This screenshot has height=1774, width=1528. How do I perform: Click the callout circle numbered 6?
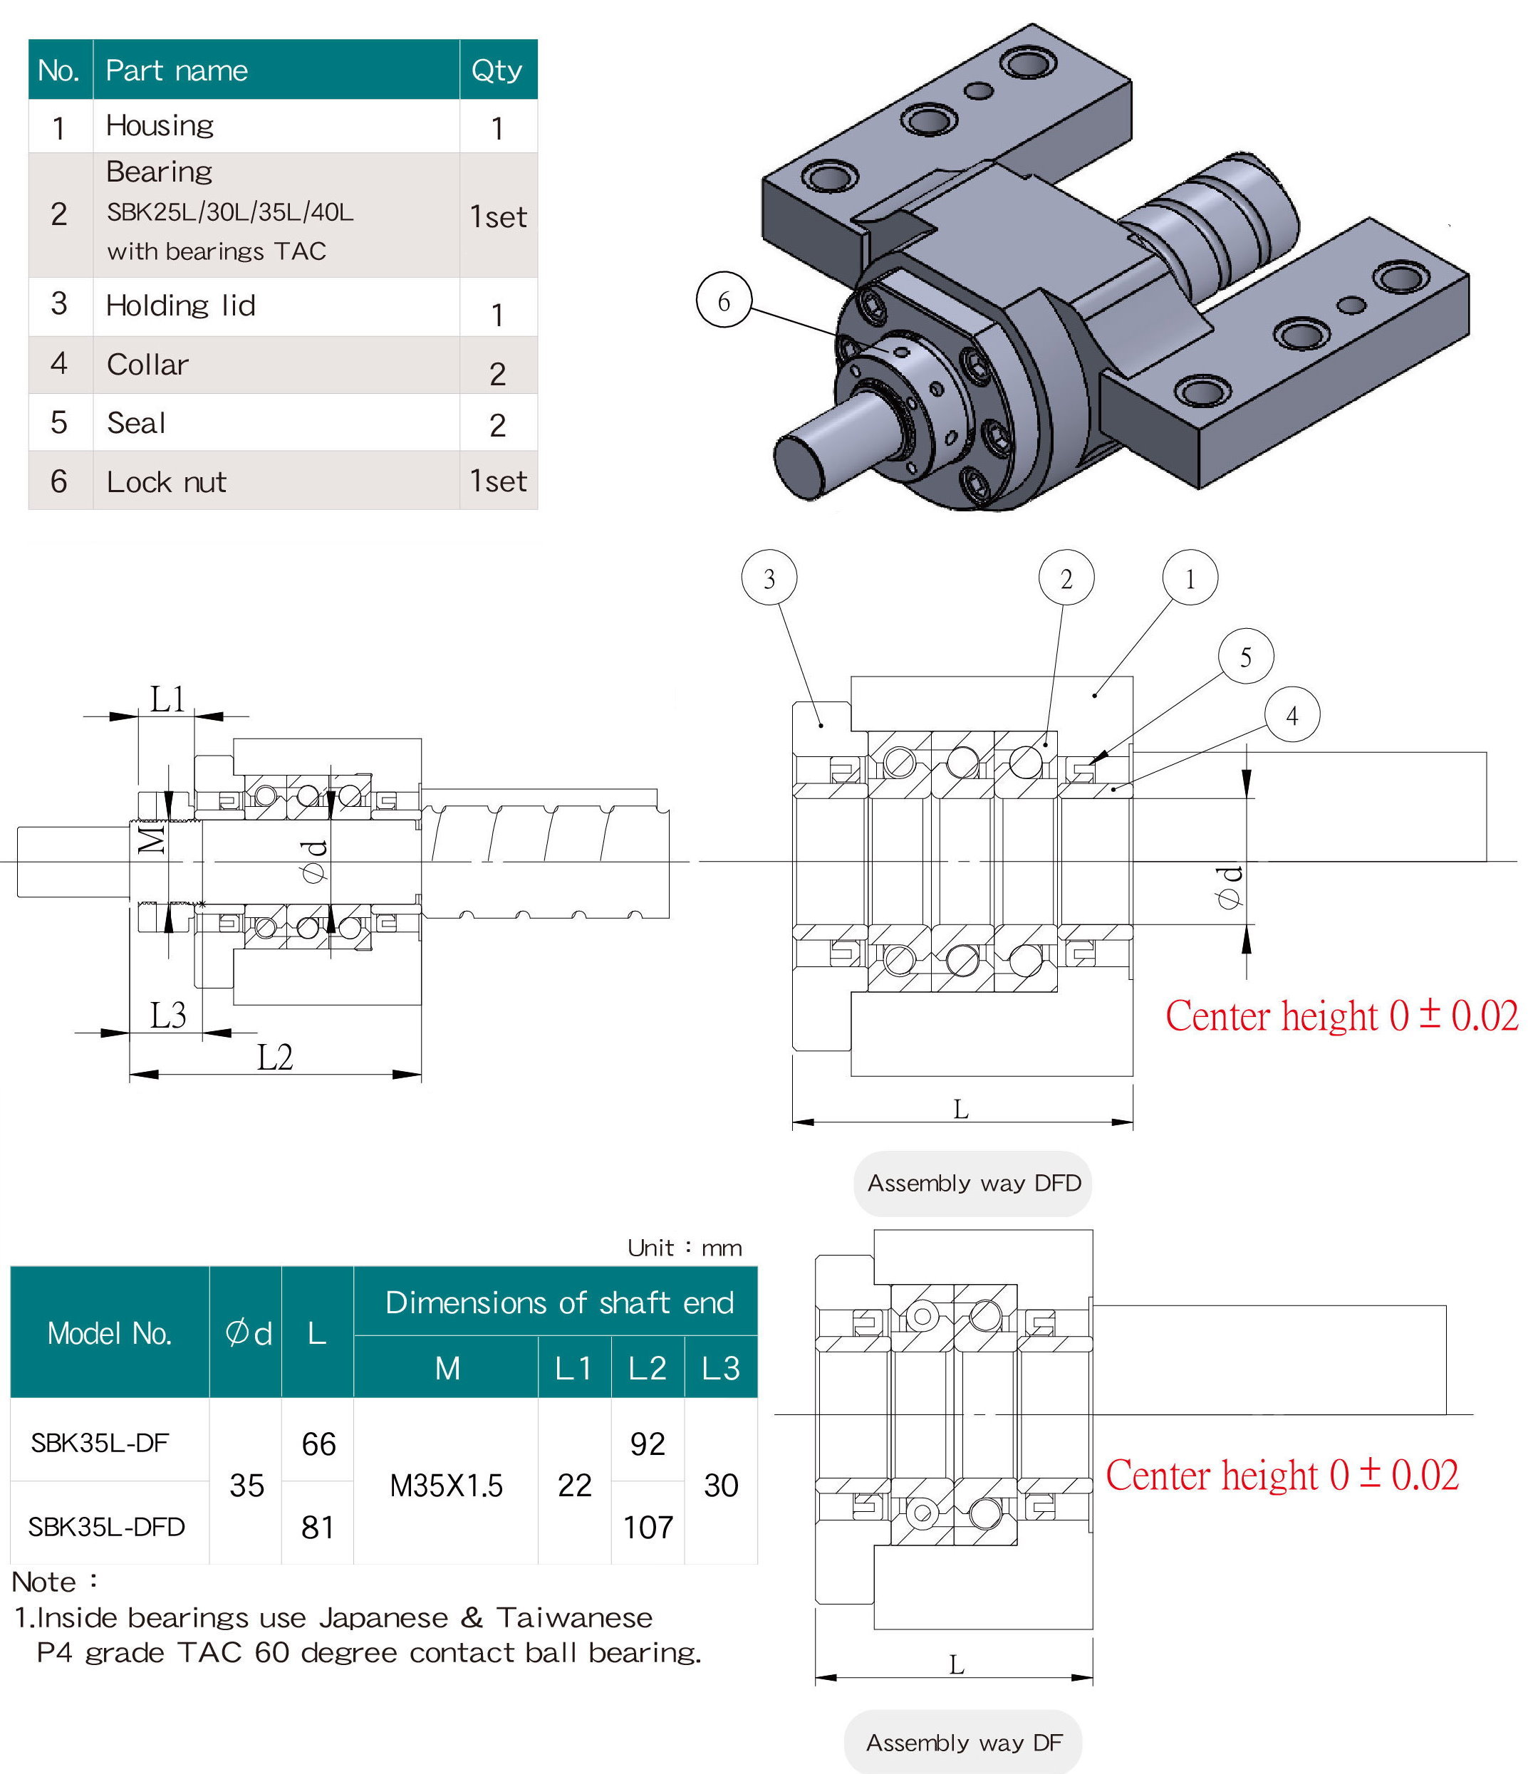pos(723,301)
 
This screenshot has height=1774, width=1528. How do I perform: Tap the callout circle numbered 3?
pos(769,579)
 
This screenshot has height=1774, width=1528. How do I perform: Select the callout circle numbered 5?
pos(1244,657)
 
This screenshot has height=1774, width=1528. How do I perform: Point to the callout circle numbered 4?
pos(1291,715)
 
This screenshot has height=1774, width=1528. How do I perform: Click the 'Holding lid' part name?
pos(180,306)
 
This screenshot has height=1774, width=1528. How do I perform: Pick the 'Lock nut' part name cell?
pos(166,482)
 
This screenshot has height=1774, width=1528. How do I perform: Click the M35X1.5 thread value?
pos(445,1486)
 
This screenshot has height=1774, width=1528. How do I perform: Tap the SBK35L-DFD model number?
pos(106,1527)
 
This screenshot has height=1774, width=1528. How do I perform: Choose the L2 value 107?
pos(648,1528)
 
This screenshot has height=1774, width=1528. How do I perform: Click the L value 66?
pos(318,1444)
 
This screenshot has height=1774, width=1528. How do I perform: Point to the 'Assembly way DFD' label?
pos(973,1183)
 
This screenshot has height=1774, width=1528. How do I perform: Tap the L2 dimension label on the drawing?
pos(275,1058)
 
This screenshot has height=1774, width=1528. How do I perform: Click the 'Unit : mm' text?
pos(685,1248)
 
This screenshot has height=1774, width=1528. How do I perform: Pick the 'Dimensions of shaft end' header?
pos(558,1303)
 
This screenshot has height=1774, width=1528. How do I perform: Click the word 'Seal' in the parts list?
pos(135,423)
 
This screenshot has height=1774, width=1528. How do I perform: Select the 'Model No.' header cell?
pos(110,1333)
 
